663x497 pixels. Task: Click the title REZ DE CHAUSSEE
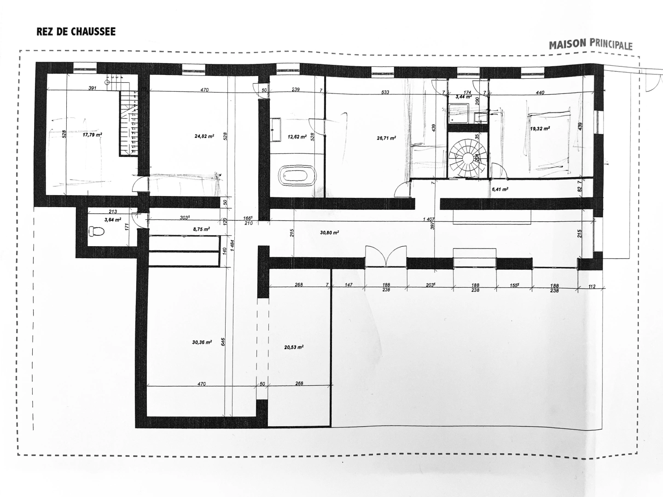76,32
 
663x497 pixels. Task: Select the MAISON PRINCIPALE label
590,45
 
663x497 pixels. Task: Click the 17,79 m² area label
92,135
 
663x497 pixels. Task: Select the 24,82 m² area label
204,136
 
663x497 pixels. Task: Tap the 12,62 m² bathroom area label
297,137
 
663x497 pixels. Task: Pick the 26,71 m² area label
387,137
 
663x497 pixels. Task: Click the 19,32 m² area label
540,129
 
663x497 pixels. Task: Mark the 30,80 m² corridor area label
329,233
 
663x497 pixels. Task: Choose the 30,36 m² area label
202,342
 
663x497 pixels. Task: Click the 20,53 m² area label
293,347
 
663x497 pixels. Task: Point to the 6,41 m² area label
499,189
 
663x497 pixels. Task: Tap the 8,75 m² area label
201,229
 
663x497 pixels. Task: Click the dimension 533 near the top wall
385,92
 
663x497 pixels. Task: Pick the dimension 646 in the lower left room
222,341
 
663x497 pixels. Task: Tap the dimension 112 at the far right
592,287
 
